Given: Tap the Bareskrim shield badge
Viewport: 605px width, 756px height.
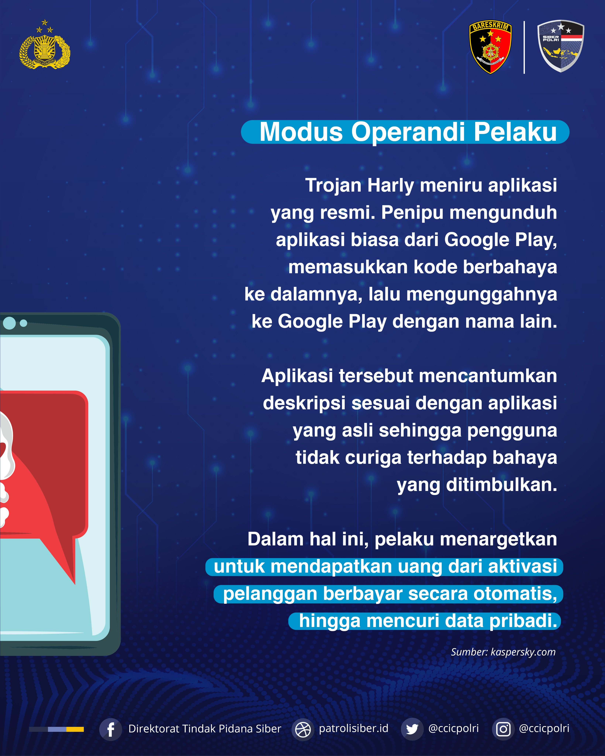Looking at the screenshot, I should pos(490,47).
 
